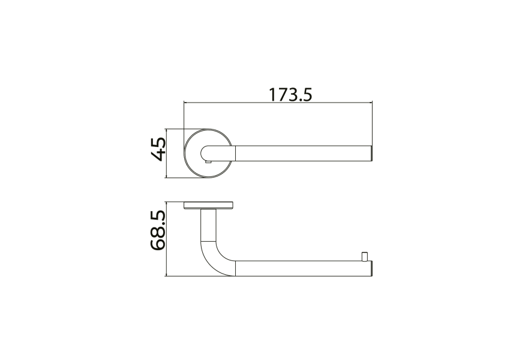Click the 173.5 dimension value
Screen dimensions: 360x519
pos(290,95)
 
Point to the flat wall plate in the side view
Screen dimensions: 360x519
pos(208,206)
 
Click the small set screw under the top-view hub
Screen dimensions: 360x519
pos(208,162)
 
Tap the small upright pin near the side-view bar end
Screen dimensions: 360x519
pos(364,257)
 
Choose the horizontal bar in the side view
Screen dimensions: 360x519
pos(300,269)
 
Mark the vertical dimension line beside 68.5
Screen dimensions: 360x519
pos(167,239)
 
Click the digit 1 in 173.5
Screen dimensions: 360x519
pos(272,95)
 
